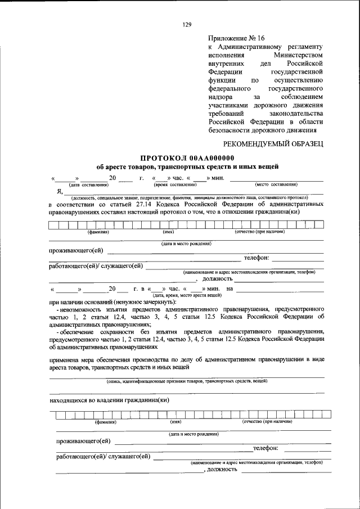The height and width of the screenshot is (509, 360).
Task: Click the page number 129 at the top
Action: [187, 24]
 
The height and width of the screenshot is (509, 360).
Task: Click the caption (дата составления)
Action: [88, 184]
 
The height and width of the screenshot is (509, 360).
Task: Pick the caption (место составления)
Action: [276, 184]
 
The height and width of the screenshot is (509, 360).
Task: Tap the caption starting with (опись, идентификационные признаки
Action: [187, 381]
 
